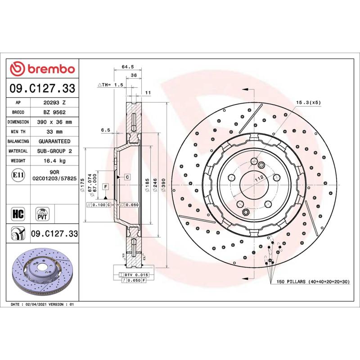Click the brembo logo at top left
pyautogui.click(x=42, y=69)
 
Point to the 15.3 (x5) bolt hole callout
pyautogui.click(x=308, y=103)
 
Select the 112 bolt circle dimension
pyautogui.click(x=258, y=178)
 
